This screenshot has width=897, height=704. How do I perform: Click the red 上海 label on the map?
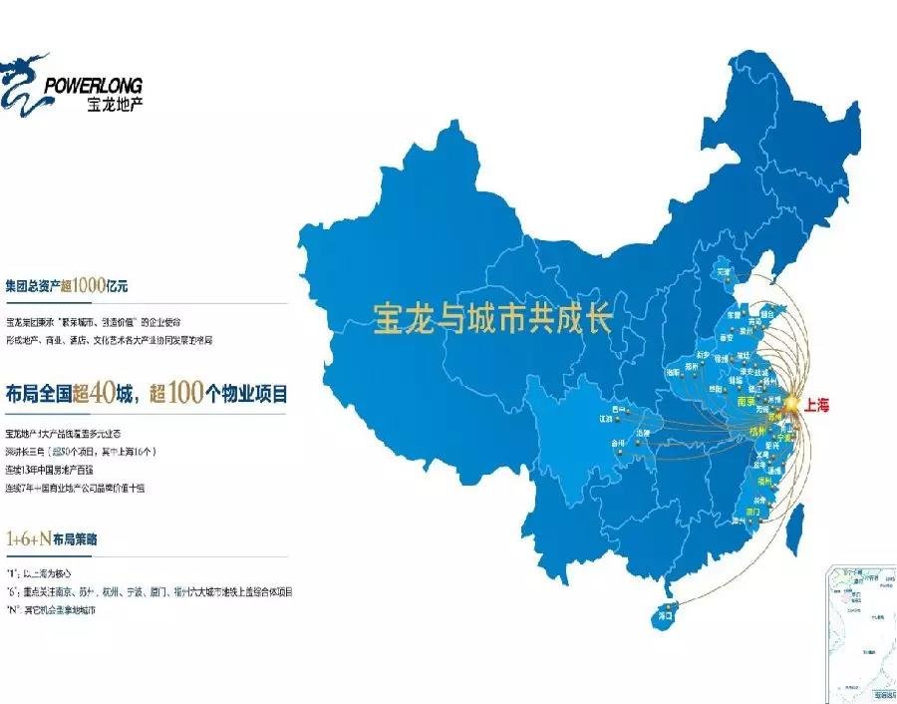click(x=816, y=405)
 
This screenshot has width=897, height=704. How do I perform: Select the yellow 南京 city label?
click(x=745, y=396)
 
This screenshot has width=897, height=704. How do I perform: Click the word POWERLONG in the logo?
click(x=94, y=84)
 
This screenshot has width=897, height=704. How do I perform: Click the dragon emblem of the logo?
click(x=25, y=82)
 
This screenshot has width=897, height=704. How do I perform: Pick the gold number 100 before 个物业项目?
click(x=185, y=393)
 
